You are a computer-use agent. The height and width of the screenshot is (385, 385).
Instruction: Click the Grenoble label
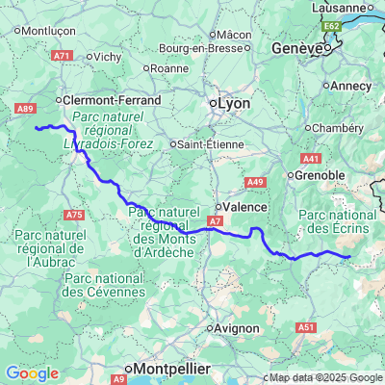click(x=321, y=175)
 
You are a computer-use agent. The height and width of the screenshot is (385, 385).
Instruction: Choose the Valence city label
click(x=242, y=206)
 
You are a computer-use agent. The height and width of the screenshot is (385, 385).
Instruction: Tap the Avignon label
click(x=237, y=328)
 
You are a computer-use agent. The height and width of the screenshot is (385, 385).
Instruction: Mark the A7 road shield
click(x=215, y=221)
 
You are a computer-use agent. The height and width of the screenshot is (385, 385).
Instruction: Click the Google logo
click(x=32, y=373)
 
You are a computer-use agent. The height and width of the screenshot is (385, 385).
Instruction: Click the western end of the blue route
click(x=36, y=127)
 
